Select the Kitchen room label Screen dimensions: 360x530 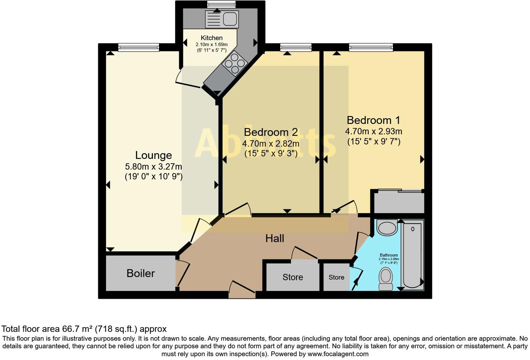tap(211, 38)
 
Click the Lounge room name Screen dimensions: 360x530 tap(153, 155)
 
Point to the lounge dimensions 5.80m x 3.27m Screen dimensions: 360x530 tap(153, 167)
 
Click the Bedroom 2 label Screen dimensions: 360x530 tap(271, 132)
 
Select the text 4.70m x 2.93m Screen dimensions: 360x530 tap(373, 132)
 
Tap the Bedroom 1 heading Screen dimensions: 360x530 tap(373, 120)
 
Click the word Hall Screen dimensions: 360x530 tap(274, 239)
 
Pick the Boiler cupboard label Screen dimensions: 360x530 tap(141, 273)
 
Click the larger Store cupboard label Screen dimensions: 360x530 tap(293, 277)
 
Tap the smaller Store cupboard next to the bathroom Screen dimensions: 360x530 tap(336, 277)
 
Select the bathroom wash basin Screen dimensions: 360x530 tap(387, 228)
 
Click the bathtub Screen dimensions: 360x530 tap(412, 255)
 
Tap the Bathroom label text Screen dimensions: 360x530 tap(389, 255)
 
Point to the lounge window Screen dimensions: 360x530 tap(138, 47)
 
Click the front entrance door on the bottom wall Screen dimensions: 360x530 tap(242, 291)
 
